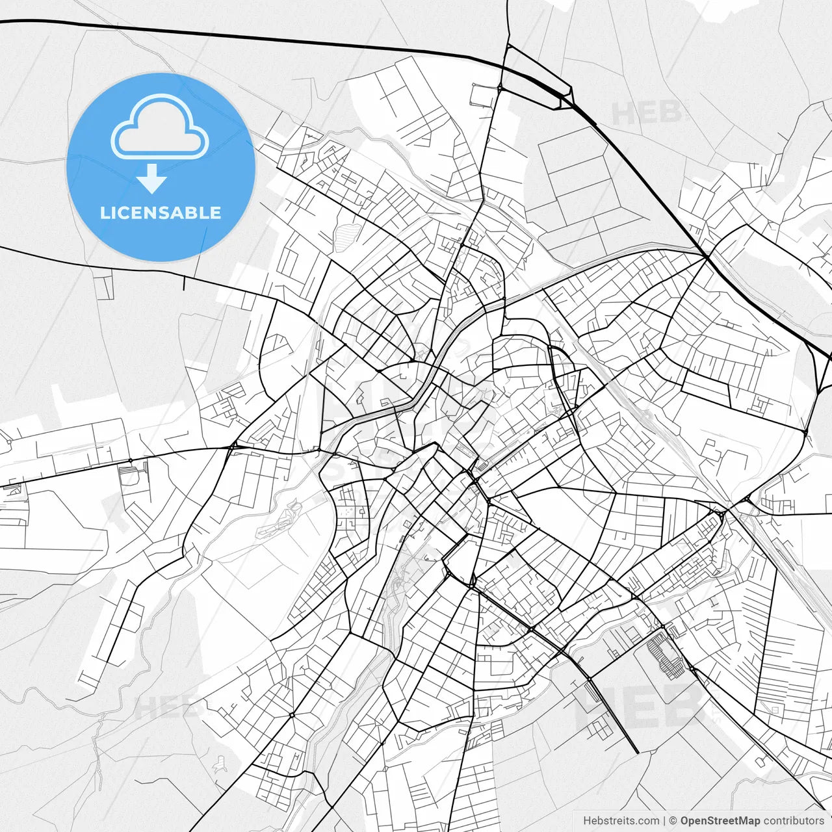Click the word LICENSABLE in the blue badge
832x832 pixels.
(x=161, y=213)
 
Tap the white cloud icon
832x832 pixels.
(x=159, y=128)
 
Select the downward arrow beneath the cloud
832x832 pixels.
(x=152, y=179)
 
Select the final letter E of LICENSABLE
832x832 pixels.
(x=215, y=213)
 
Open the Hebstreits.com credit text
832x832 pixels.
(x=621, y=821)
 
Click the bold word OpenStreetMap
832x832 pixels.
(x=720, y=821)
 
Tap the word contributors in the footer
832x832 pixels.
(x=794, y=821)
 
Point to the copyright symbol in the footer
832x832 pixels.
(x=673, y=821)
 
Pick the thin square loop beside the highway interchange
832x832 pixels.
(x=482, y=96)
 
